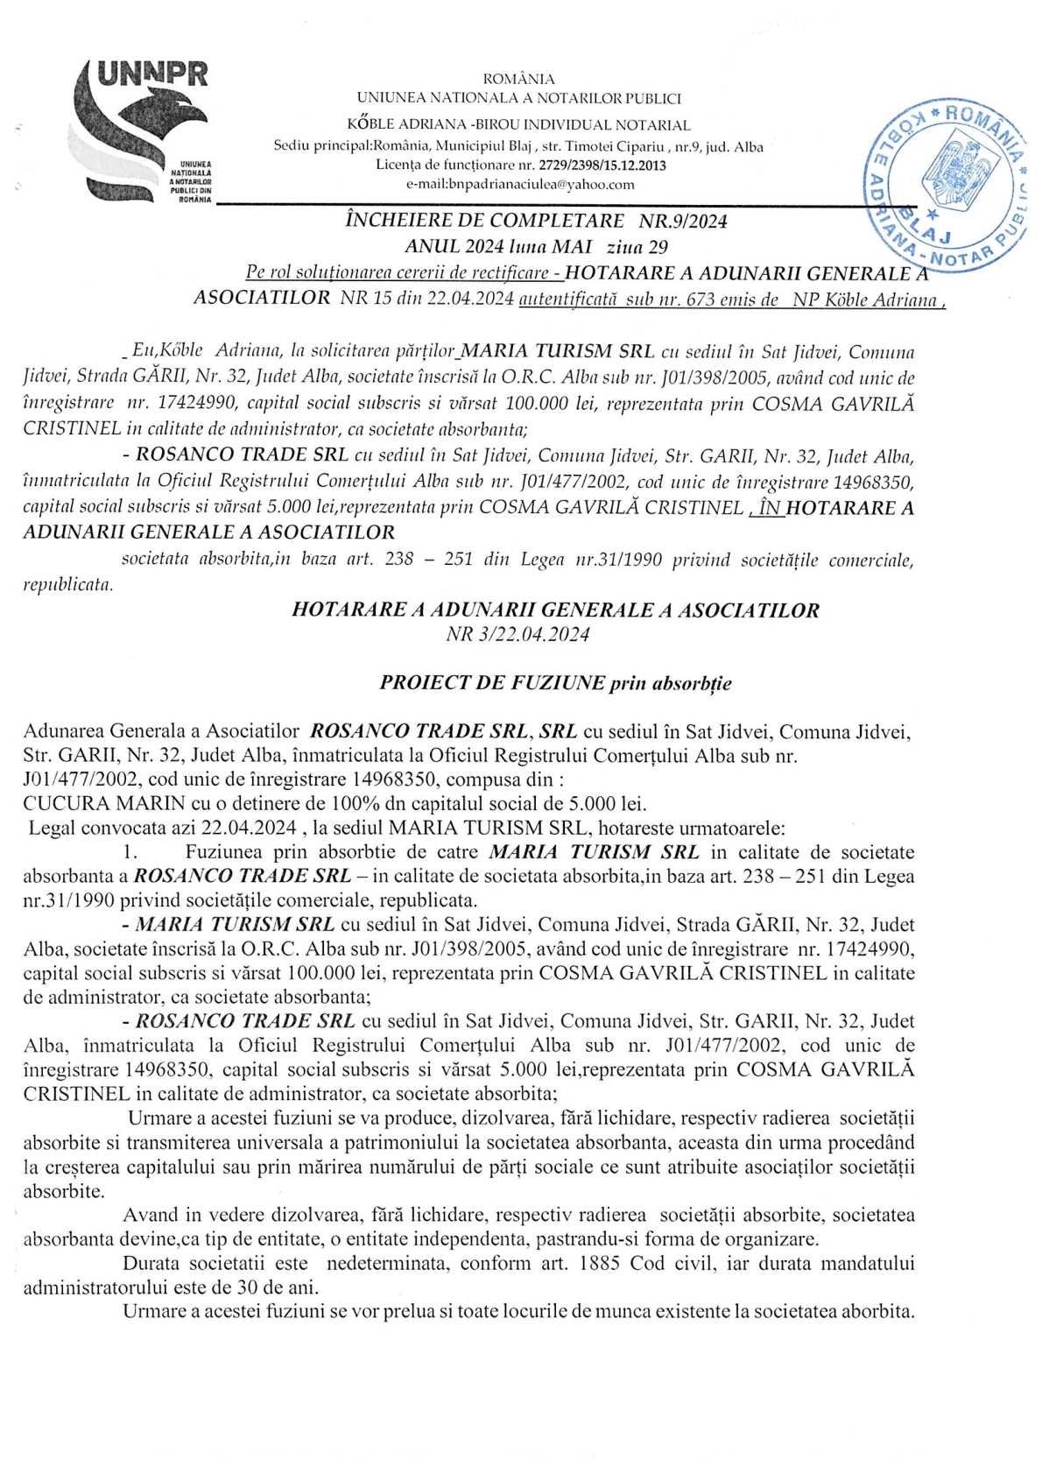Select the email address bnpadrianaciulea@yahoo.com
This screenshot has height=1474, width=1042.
pos(520,184)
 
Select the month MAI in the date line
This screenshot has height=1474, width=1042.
pos(570,247)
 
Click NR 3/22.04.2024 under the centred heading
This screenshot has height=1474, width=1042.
pos(517,635)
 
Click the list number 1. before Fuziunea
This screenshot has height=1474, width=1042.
pos(132,852)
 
